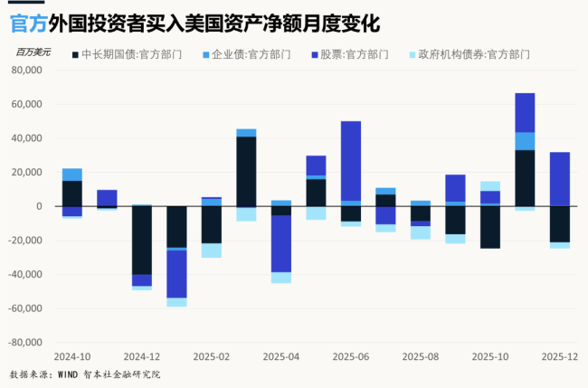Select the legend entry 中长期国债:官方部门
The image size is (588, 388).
tap(126, 54)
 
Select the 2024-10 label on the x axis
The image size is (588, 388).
tap(72, 357)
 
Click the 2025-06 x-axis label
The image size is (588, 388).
tap(350, 357)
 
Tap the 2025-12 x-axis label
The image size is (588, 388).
tap(559, 357)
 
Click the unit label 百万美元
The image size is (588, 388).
tap(33, 53)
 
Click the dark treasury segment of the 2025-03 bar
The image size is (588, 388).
tap(246, 171)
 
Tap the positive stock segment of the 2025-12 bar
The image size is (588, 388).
tap(560, 179)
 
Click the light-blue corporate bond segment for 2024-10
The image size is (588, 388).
tap(72, 175)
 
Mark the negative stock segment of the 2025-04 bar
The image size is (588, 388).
tap(281, 243)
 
